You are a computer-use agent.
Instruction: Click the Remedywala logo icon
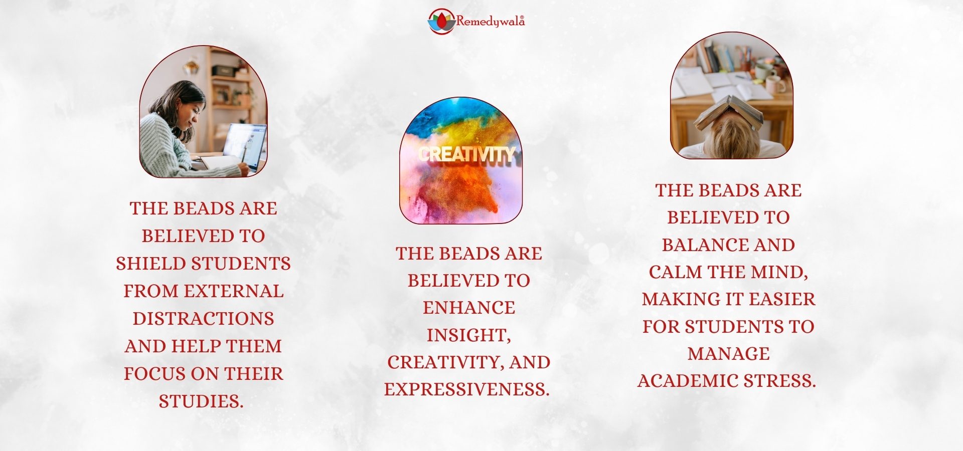441,21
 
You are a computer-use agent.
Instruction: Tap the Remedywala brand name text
490,22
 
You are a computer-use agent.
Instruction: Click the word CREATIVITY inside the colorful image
467,154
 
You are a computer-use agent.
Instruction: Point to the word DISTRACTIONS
203,319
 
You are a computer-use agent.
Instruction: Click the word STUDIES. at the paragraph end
201,401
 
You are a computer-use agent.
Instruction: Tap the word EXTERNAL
234,291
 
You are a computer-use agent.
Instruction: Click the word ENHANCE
469,308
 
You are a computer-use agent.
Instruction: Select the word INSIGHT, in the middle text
469,335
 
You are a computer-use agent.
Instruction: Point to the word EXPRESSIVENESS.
467,389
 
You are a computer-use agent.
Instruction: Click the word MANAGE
729,354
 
